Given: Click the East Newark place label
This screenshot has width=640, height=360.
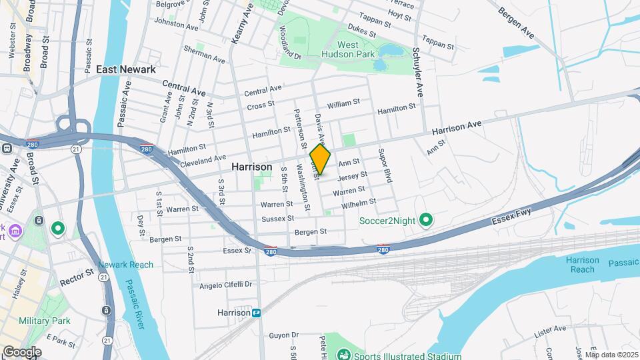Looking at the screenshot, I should tap(125, 69).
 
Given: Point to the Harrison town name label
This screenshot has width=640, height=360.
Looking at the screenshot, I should tap(251, 167).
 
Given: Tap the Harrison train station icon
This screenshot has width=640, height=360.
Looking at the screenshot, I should tap(256, 312).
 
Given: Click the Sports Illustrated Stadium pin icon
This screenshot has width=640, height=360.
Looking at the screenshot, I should tap(343, 354).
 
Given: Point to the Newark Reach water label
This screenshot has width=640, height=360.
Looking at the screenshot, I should tap(125, 265).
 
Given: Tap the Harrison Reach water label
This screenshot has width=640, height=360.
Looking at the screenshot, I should tap(583, 265).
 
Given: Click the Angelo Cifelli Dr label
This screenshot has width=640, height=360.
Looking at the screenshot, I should tap(226, 285).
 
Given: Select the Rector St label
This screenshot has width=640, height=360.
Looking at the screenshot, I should tap(79, 275).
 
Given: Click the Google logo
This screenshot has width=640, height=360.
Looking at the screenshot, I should tap(21, 352).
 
